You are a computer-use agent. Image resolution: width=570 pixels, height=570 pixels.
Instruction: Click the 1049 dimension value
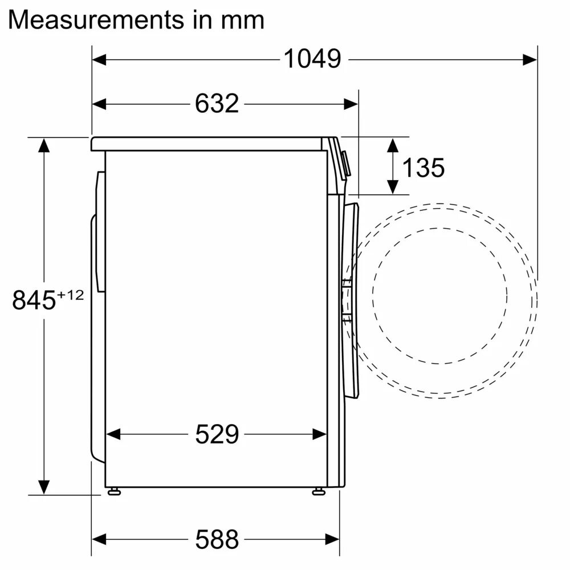[x=312, y=59]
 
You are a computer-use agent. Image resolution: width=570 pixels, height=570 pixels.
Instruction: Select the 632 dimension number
[x=217, y=104]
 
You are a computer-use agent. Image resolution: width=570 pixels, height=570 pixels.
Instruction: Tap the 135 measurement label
[x=423, y=168]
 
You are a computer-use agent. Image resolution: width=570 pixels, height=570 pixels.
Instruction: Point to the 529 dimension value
[x=217, y=434]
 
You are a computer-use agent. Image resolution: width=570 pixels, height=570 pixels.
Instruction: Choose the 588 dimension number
[x=217, y=538]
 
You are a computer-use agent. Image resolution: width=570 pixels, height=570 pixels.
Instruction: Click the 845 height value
[x=34, y=300]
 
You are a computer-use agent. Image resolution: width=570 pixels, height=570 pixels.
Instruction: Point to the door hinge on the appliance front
[x=345, y=296]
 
